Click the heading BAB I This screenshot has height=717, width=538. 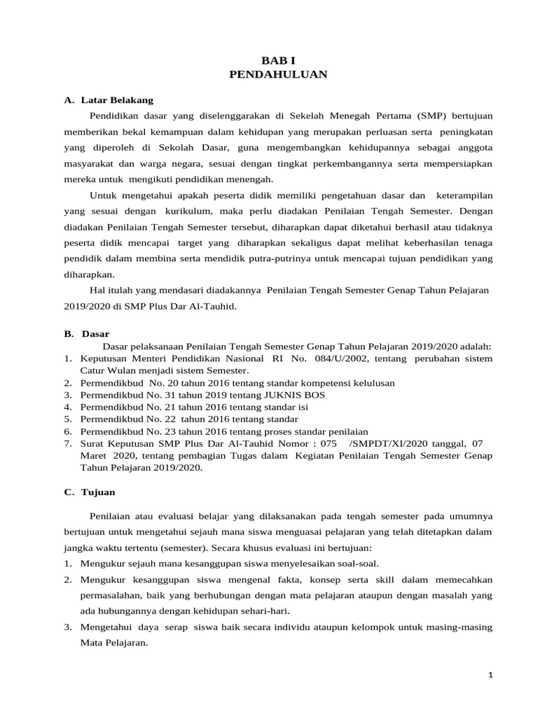pyautogui.click(x=278, y=61)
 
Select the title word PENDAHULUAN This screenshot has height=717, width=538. pyautogui.click(x=278, y=74)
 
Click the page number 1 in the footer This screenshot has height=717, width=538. pyautogui.click(x=491, y=675)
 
